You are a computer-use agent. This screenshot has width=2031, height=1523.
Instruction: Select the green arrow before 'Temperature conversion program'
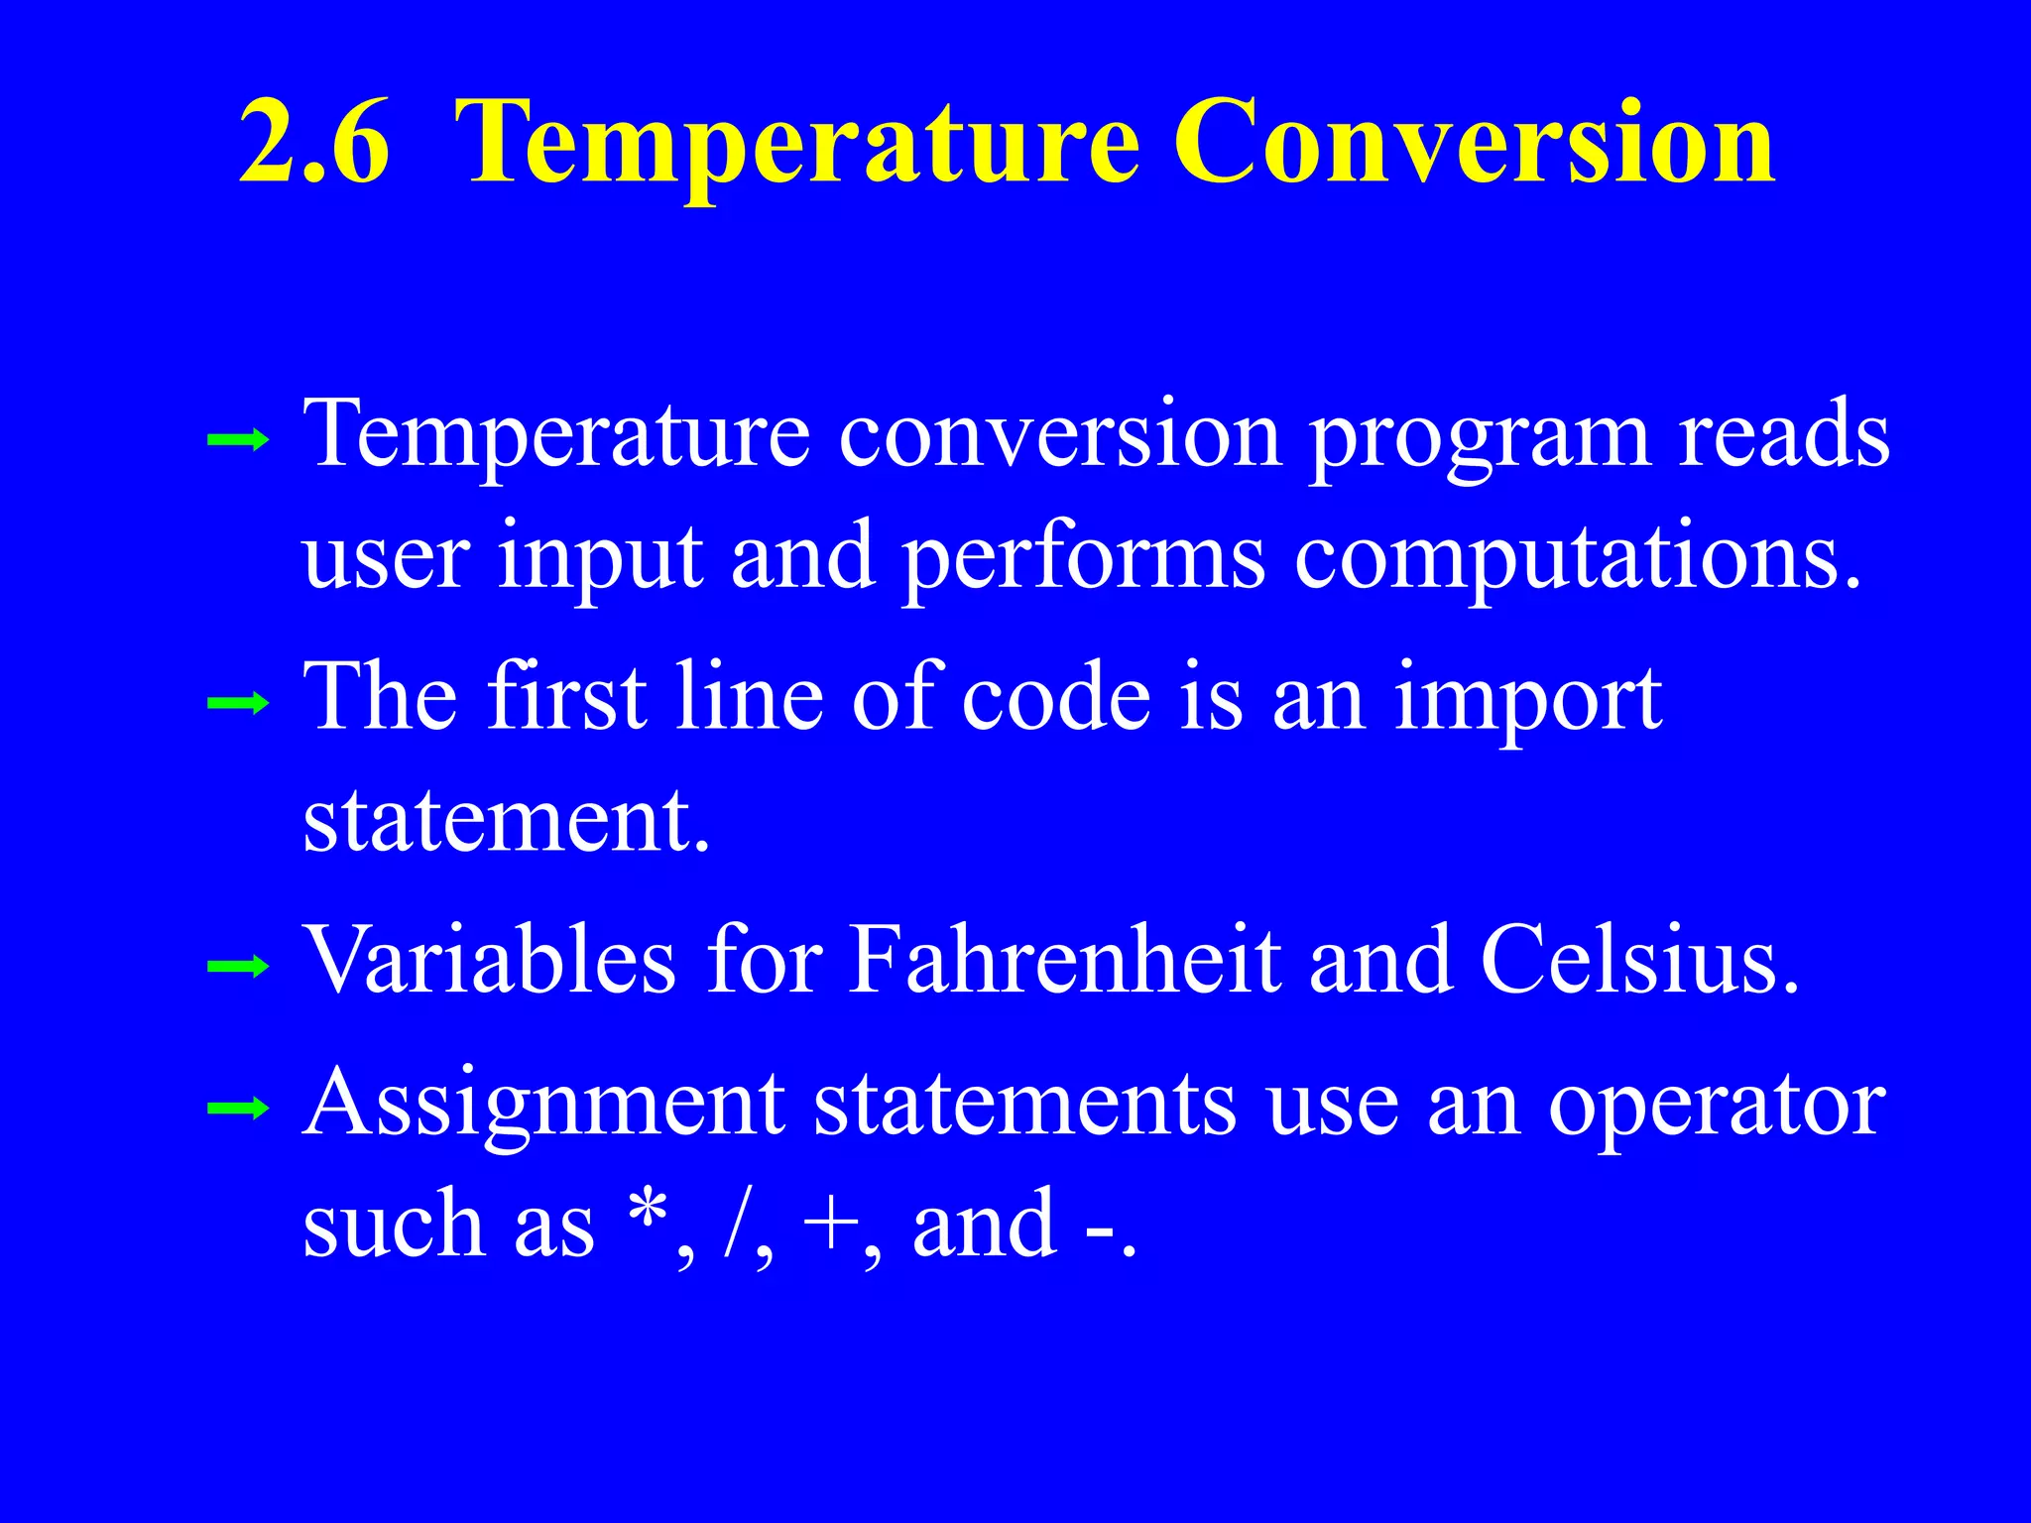pos(238,439)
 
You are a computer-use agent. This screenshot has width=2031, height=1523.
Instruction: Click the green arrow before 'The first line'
pos(238,704)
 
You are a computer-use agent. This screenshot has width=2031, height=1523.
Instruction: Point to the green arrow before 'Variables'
pos(238,965)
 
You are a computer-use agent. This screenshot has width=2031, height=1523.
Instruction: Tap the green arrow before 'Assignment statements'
pos(238,1109)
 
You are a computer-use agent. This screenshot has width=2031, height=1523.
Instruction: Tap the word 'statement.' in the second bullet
pos(507,821)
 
